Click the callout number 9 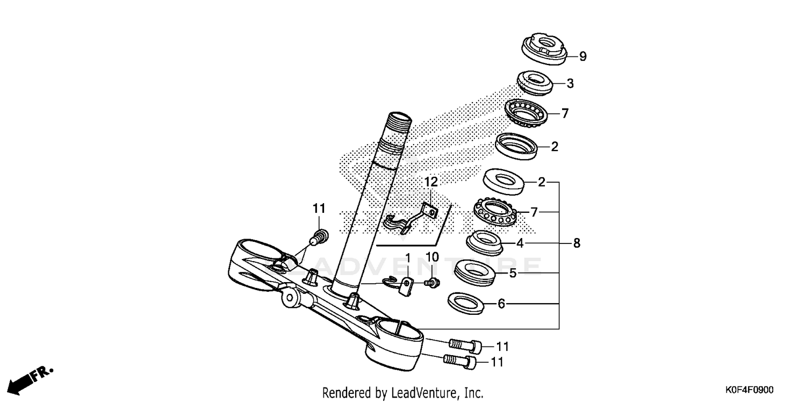click(568, 56)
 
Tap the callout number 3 click(570, 83)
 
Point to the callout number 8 click(577, 243)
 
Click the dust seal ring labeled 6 click(466, 303)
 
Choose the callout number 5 click(513, 274)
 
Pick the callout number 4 click(520, 243)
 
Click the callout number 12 click(430, 182)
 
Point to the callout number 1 click(407, 259)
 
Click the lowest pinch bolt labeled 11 click(460, 362)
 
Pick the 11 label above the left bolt click(319, 208)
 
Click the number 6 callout click(501, 304)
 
